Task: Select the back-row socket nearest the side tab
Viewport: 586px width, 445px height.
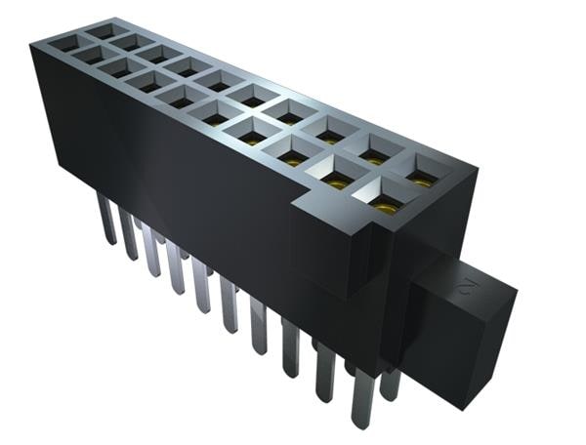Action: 422,173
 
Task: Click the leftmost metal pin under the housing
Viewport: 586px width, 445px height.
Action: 105,217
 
